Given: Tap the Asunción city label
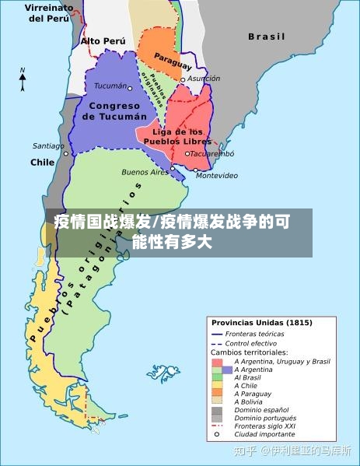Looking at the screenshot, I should (204, 79).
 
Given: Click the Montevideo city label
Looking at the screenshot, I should (217, 176).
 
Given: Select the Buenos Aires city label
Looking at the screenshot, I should (145, 172).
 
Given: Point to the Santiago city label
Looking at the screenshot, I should (48, 145).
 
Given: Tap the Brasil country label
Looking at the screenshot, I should (267, 37).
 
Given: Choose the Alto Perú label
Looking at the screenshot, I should (103, 40).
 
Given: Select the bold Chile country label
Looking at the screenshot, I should (42, 163).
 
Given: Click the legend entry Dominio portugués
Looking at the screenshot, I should (261, 418).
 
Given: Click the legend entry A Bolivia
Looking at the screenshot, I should (249, 401).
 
